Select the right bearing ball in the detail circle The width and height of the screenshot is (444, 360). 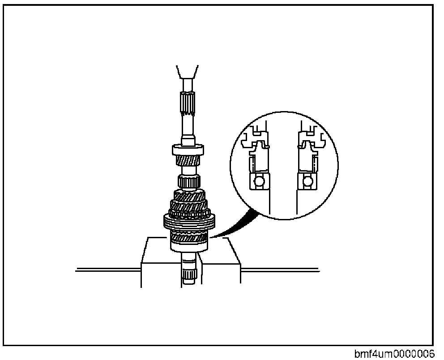(x=307, y=182)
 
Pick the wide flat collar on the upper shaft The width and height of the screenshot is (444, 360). (x=188, y=150)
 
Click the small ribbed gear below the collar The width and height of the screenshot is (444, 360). (x=188, y=182)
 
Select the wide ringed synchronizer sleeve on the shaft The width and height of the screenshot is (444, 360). (x=188, y=222)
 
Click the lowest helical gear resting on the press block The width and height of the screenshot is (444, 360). (x=188, y=237)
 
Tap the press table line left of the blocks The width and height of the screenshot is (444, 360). (x=107, y=269)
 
